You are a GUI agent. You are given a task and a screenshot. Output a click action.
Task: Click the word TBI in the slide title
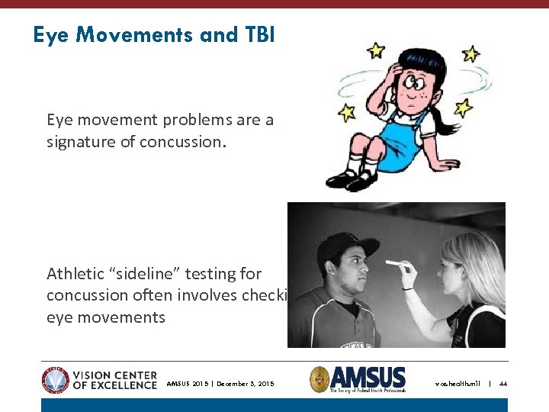[257, 34]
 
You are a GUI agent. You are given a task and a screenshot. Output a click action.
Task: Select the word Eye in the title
[51, 34]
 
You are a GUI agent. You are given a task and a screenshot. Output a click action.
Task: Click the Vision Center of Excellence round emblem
[55, 379]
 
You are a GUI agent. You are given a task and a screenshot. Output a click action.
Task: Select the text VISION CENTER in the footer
[114, 375]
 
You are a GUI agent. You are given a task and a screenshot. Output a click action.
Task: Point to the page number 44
[502, 383]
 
